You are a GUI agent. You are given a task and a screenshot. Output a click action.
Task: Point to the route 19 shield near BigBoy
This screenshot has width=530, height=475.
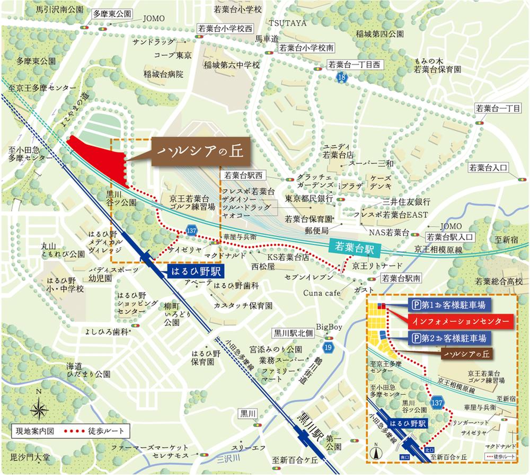[325, 347]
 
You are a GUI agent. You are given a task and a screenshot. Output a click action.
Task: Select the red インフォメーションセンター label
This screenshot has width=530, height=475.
[461, 321]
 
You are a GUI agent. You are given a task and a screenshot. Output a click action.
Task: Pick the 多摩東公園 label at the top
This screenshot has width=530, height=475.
[111, 15]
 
